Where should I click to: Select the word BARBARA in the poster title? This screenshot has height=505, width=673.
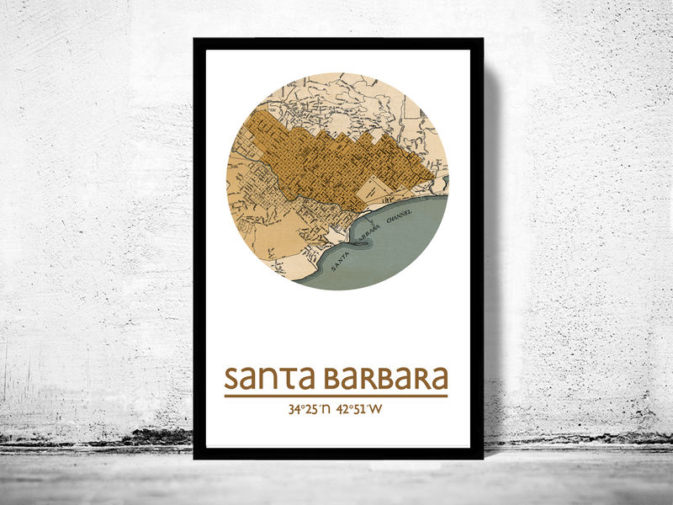point(385,379)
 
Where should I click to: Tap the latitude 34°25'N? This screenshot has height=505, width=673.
point(306,410)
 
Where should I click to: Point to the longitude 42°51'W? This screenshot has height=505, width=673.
point(358,410)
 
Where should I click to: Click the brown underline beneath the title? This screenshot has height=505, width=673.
point(336,396)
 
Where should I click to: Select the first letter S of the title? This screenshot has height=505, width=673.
point(233,379)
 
